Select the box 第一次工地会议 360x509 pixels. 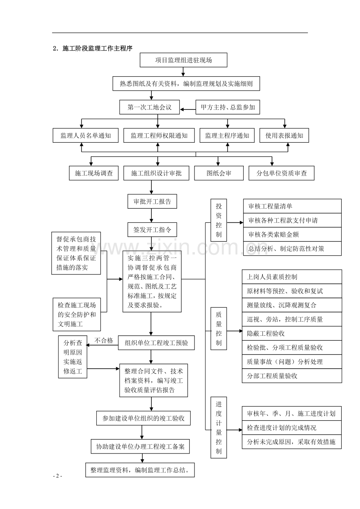tap(149, 108)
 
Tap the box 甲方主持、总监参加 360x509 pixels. tap(228, 108)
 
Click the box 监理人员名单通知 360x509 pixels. tap(85, 136)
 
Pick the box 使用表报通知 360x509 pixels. tap(284, 136)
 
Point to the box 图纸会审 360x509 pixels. tap(219, 173)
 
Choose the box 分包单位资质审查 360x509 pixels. tap(281, 173)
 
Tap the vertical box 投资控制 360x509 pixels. tap(219, 220)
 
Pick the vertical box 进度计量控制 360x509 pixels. tap(219, 428)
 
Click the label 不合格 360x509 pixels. tap(104, 341)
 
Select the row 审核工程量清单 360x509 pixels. tap(292, 206)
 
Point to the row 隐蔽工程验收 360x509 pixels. tap(292, 333)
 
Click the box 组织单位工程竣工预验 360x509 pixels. tap(156, 343)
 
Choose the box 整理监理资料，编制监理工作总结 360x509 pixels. tap(140, 470)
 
